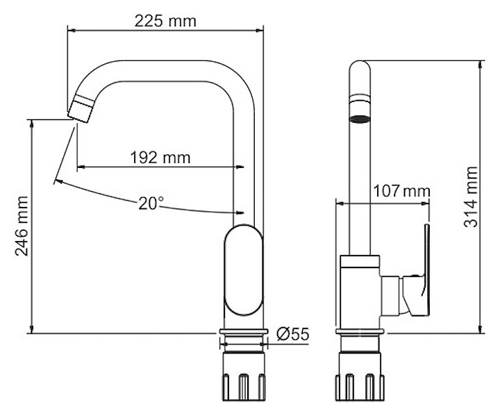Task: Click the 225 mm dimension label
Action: [x=165, y=21]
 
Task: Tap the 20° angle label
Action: [x=151, y=203]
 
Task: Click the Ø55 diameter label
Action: [x=292, y=335]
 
